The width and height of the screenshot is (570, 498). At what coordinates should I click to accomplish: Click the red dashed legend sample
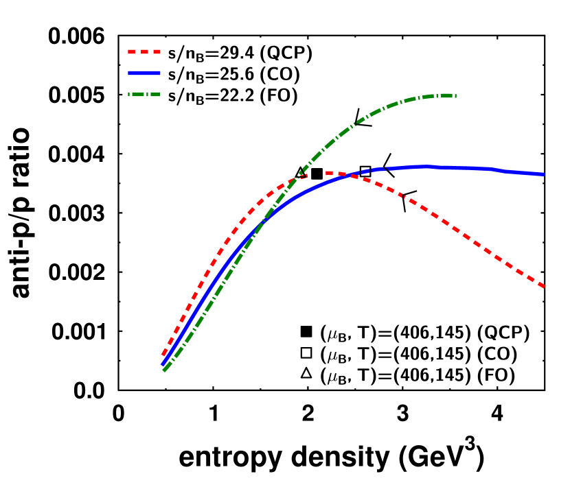click(144, 51)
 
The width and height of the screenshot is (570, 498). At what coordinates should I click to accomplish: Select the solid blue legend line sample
click(144, 73)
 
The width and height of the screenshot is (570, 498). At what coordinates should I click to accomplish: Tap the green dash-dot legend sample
click(144, 94)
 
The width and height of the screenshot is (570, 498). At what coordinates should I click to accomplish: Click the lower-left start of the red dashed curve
click(163, 355)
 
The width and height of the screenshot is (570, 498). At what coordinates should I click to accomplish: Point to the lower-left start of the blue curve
click(163, 364)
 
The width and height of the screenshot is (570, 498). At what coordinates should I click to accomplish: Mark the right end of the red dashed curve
click(544, 286)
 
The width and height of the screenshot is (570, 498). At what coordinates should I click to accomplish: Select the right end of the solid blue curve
click(544, 174)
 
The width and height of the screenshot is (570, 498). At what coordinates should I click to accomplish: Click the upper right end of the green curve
click(455, 95)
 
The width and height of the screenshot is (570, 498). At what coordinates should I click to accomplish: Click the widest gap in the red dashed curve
click(317, 174)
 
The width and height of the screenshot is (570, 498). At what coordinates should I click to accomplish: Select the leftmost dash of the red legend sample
click(131, 51)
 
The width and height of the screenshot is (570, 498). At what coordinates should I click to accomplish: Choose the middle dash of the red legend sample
click(144, 51)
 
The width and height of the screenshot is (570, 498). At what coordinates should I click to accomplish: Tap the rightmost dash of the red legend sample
click(157, 51)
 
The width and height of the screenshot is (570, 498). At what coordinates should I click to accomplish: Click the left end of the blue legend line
click(128, 73)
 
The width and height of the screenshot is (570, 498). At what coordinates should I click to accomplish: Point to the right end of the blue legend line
click(160, 73)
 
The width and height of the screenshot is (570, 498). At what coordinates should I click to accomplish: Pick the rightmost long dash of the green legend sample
click(154, 94)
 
